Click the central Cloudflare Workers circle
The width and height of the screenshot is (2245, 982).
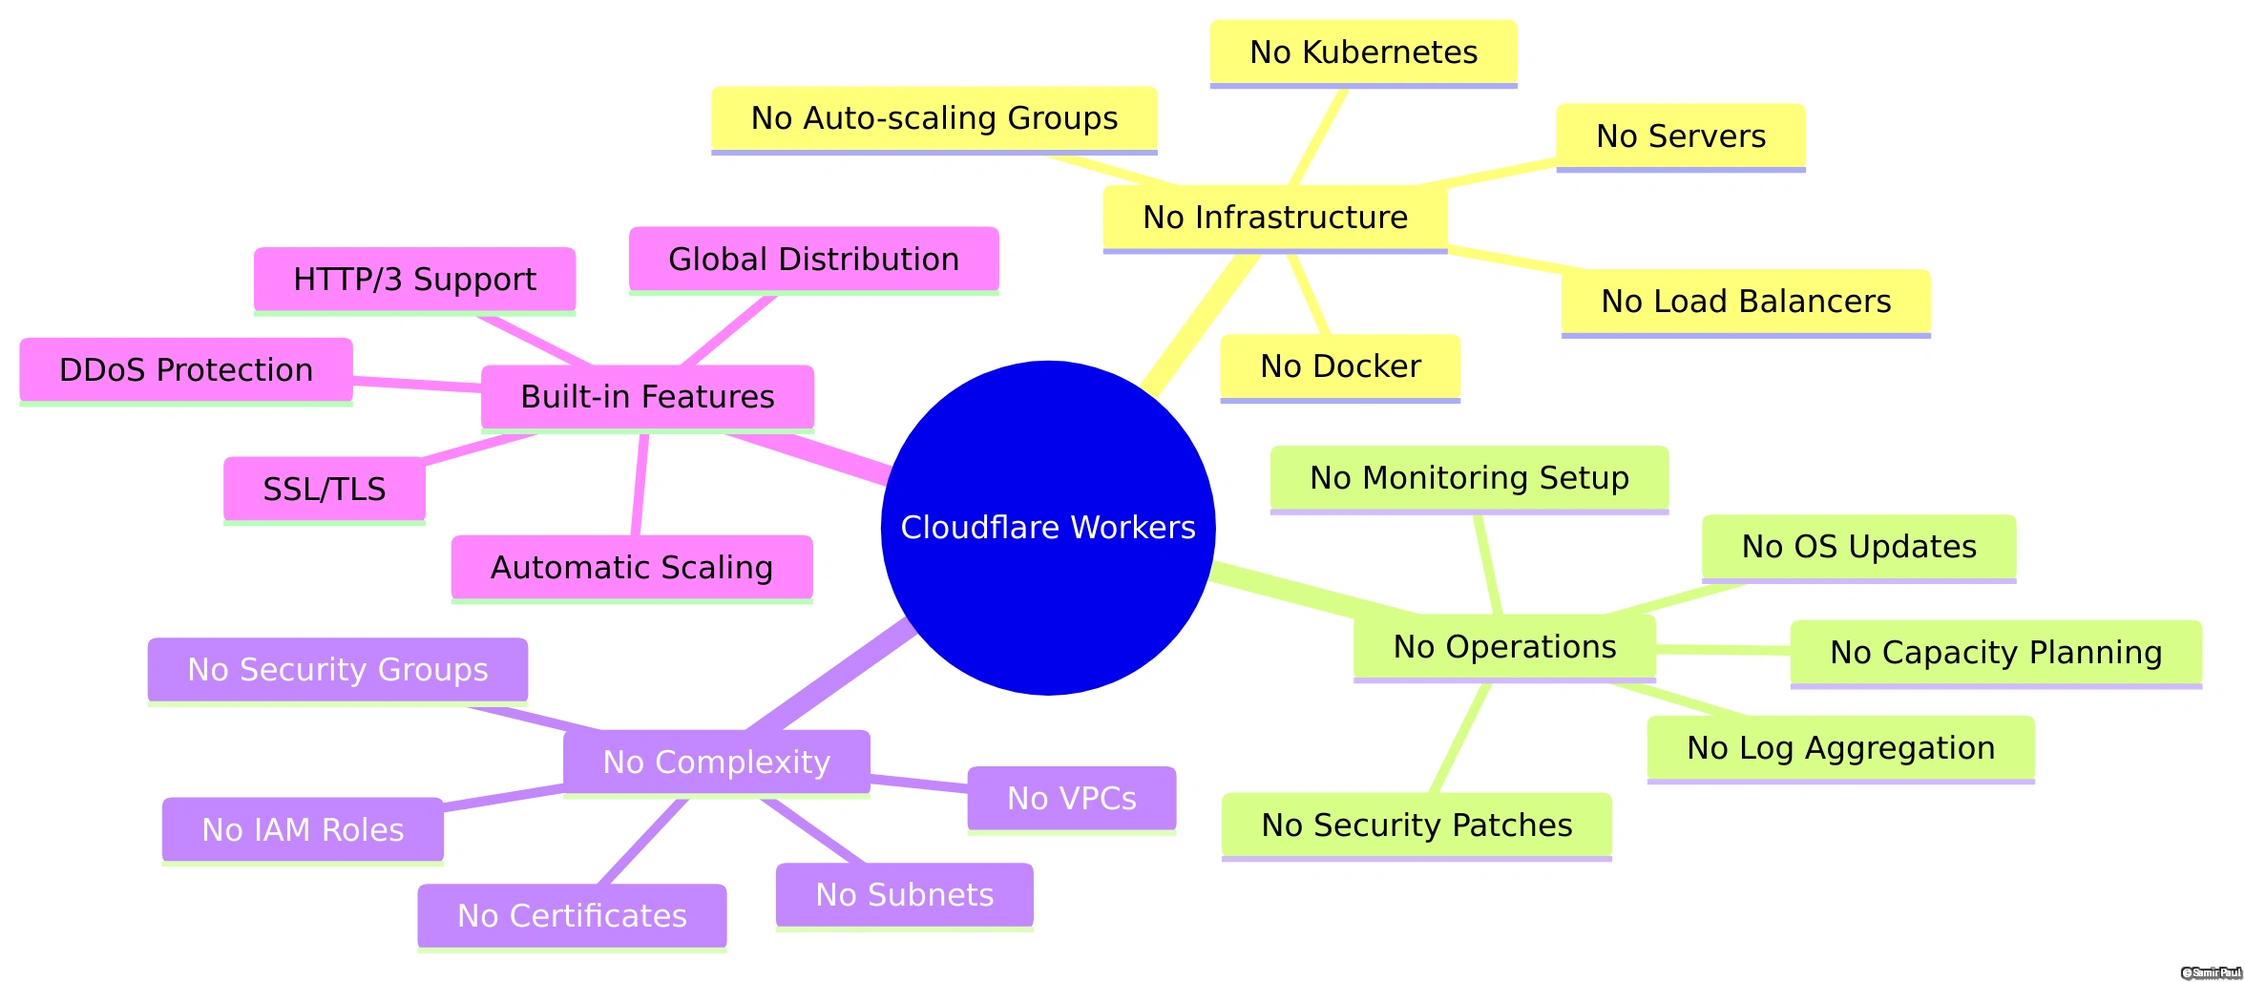pyautogui.click(x=1047, y=528)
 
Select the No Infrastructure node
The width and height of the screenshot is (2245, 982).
pyautogui.click(x=1274, y=218)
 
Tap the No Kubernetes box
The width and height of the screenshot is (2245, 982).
pyautogui.click(x=1363, y=52)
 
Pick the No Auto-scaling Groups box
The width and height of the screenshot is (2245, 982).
pyautogui.click(x=934, y=118)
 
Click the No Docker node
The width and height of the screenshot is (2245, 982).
pyautogui.click(x=1339, y=366)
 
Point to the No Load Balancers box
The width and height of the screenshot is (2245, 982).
pyautogui.click(x=1745, y=302)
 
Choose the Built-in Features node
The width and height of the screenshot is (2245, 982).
pyautogui.click(x=647, y=397)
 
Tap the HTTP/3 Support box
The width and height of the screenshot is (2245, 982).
pyautogui.click(x=414, y=280)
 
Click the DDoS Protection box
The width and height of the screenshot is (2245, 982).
pyautogui.click(x=186, y=370)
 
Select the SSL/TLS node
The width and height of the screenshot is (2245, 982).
pyautogui.click(x=324, y=490)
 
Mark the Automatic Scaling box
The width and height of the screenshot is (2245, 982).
pyautogui.click(x=631, y=568)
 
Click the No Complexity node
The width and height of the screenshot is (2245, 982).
pyautogui.click(x=716, y=763)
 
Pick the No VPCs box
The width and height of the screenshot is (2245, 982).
pyautogui.click(x=1071, y=799)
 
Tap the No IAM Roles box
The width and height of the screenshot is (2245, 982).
pyautogui.click(x=303, y=830)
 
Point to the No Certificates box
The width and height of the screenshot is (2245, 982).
pyautogui.click(x=572, y=916)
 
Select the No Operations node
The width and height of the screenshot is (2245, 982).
pyautogui.click(x=1504, y=647)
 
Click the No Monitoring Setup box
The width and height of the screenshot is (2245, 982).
pyautogui.click(x=1469, y=478)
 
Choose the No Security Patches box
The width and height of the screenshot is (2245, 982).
pyautogui.click(x=1416, y=825)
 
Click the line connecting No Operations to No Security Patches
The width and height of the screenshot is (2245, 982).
pyautogui.click(x=1460, y=738)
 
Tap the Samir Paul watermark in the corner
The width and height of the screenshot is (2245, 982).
pyautogui.click(x=2211, y=972)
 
